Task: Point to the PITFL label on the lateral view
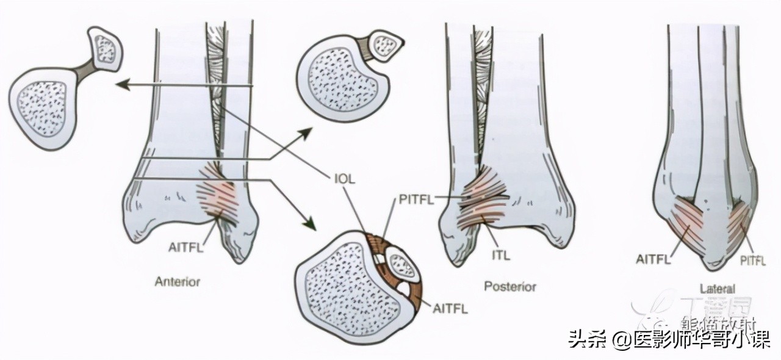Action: point(752,261)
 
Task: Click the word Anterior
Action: point(177,281)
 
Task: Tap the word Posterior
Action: point(510,286)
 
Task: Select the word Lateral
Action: point(718,289)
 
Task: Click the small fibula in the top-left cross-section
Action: point(106,48)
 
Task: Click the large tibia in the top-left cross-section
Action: point(42,109)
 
